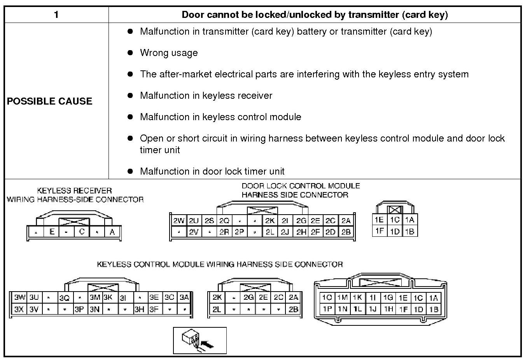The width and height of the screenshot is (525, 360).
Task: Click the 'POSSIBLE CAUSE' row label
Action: [49, 101]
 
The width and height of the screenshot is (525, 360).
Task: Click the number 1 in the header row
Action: [56, 15]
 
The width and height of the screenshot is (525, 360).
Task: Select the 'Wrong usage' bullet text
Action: [169, 53]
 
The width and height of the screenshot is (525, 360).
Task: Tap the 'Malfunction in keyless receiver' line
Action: [206, 96]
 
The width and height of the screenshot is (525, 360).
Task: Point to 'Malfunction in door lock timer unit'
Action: [212, 171]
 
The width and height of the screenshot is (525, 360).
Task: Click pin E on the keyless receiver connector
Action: [51, 232]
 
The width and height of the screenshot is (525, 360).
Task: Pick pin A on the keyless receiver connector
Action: [112, 232]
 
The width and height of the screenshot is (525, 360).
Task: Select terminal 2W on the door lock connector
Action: [178, 221]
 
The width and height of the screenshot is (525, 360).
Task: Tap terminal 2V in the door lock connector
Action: [194, 232]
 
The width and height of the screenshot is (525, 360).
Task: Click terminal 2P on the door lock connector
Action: [239, 232]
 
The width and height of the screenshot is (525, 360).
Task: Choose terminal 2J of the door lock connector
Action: [285, 232]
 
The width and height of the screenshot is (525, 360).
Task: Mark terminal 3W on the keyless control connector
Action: [19, 298]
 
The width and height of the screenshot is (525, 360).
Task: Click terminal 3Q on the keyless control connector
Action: [65, 298]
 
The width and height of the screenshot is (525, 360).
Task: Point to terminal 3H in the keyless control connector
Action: [139, 310]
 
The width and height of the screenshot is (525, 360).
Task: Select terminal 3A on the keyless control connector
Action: [184, 298]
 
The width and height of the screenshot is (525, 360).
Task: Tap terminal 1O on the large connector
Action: [327, 298]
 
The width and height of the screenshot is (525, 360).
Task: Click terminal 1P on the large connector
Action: [327, 309]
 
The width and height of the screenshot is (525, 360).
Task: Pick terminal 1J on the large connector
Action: [373, 309]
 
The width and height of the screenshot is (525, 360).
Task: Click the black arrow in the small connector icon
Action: [208, 344]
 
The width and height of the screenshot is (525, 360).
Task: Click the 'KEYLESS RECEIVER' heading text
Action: [74, 190]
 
